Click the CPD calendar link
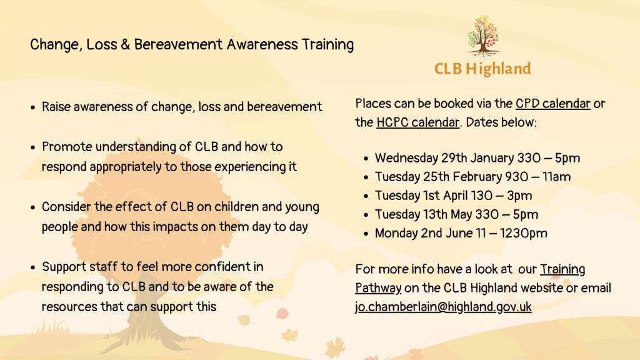point(552,104)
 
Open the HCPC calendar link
point(418,122)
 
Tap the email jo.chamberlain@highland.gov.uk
point(443,307)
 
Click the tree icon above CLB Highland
point(483,36)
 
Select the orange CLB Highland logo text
point(483,69)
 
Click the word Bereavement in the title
point(178,44)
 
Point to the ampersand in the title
point(125,44)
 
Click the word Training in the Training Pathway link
point(562,269)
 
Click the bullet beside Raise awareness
point(33,107)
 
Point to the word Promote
point(67,147)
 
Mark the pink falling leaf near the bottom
point(282,314)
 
